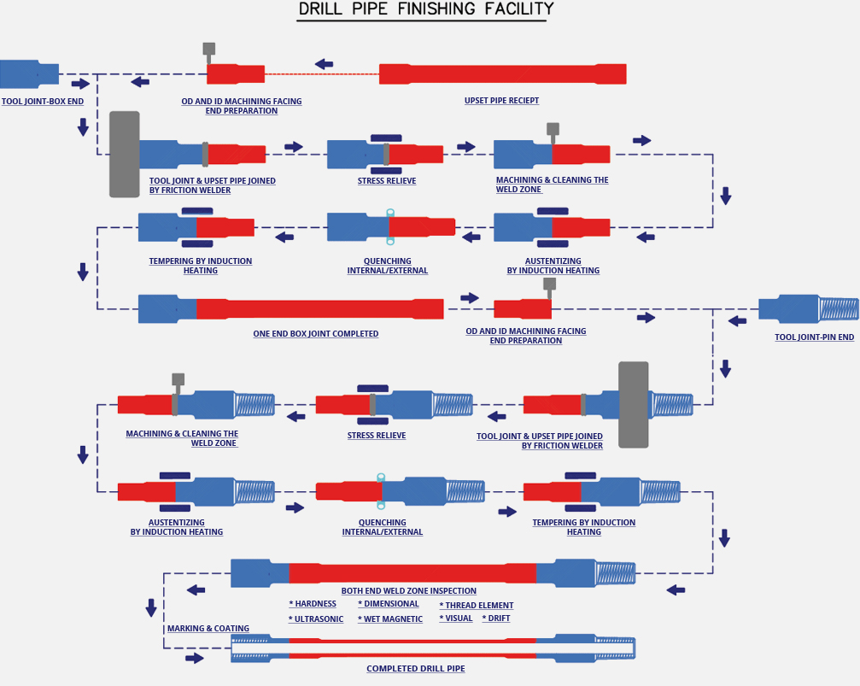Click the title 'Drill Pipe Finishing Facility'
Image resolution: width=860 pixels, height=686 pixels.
click(426, 9)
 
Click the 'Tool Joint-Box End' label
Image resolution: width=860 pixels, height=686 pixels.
click(42, 102)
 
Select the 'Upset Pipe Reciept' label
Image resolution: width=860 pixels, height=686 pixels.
click(501, 101)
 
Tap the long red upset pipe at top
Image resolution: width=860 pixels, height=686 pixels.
click(502, 74)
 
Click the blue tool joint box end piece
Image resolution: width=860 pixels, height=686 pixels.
click(29, 74)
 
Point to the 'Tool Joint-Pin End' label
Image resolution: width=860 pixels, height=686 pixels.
click(814, 337)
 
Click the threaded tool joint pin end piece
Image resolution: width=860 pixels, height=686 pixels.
click(809, 308)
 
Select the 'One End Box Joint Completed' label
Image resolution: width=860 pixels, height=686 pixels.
click(315, 334)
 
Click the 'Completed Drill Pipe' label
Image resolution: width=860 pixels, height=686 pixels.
click(416, 668)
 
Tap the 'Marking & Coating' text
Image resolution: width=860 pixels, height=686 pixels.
click(208, 629)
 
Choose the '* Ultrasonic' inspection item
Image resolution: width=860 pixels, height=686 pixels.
click(316, 619)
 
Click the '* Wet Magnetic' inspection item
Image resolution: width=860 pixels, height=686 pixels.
click(390, 619)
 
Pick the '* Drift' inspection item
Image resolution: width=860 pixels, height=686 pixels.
click(496, 619)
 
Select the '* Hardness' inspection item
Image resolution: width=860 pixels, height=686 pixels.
click(313, 604)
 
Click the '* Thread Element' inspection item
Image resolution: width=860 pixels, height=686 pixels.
click(476, 606)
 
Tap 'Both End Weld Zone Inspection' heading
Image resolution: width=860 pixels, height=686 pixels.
click(408, 591)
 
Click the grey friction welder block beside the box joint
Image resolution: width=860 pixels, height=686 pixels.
click(125, 155)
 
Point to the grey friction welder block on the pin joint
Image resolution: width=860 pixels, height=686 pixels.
click(634, 405)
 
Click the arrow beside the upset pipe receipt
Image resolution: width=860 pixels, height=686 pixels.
click(325, 64)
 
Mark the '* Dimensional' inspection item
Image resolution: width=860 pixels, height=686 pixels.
click(389, 604)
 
